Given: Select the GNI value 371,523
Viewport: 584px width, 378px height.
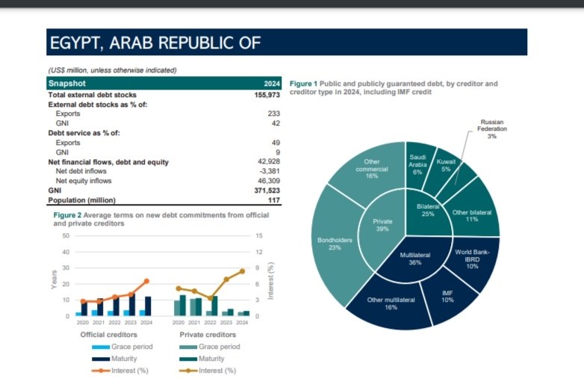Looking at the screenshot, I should [267, 190].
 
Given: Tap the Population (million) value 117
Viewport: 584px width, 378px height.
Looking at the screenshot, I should [274, 200].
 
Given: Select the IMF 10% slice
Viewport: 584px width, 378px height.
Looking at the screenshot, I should [447, 297].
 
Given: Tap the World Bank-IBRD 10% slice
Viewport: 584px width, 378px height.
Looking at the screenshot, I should [472, 258].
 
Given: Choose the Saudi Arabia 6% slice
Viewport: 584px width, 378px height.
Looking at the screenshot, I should [417, 164].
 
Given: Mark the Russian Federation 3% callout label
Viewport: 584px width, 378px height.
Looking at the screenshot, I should [492, 128].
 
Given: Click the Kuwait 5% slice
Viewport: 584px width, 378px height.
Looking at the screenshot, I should [446, 165].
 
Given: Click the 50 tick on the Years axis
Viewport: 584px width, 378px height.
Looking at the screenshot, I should [65, 236].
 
